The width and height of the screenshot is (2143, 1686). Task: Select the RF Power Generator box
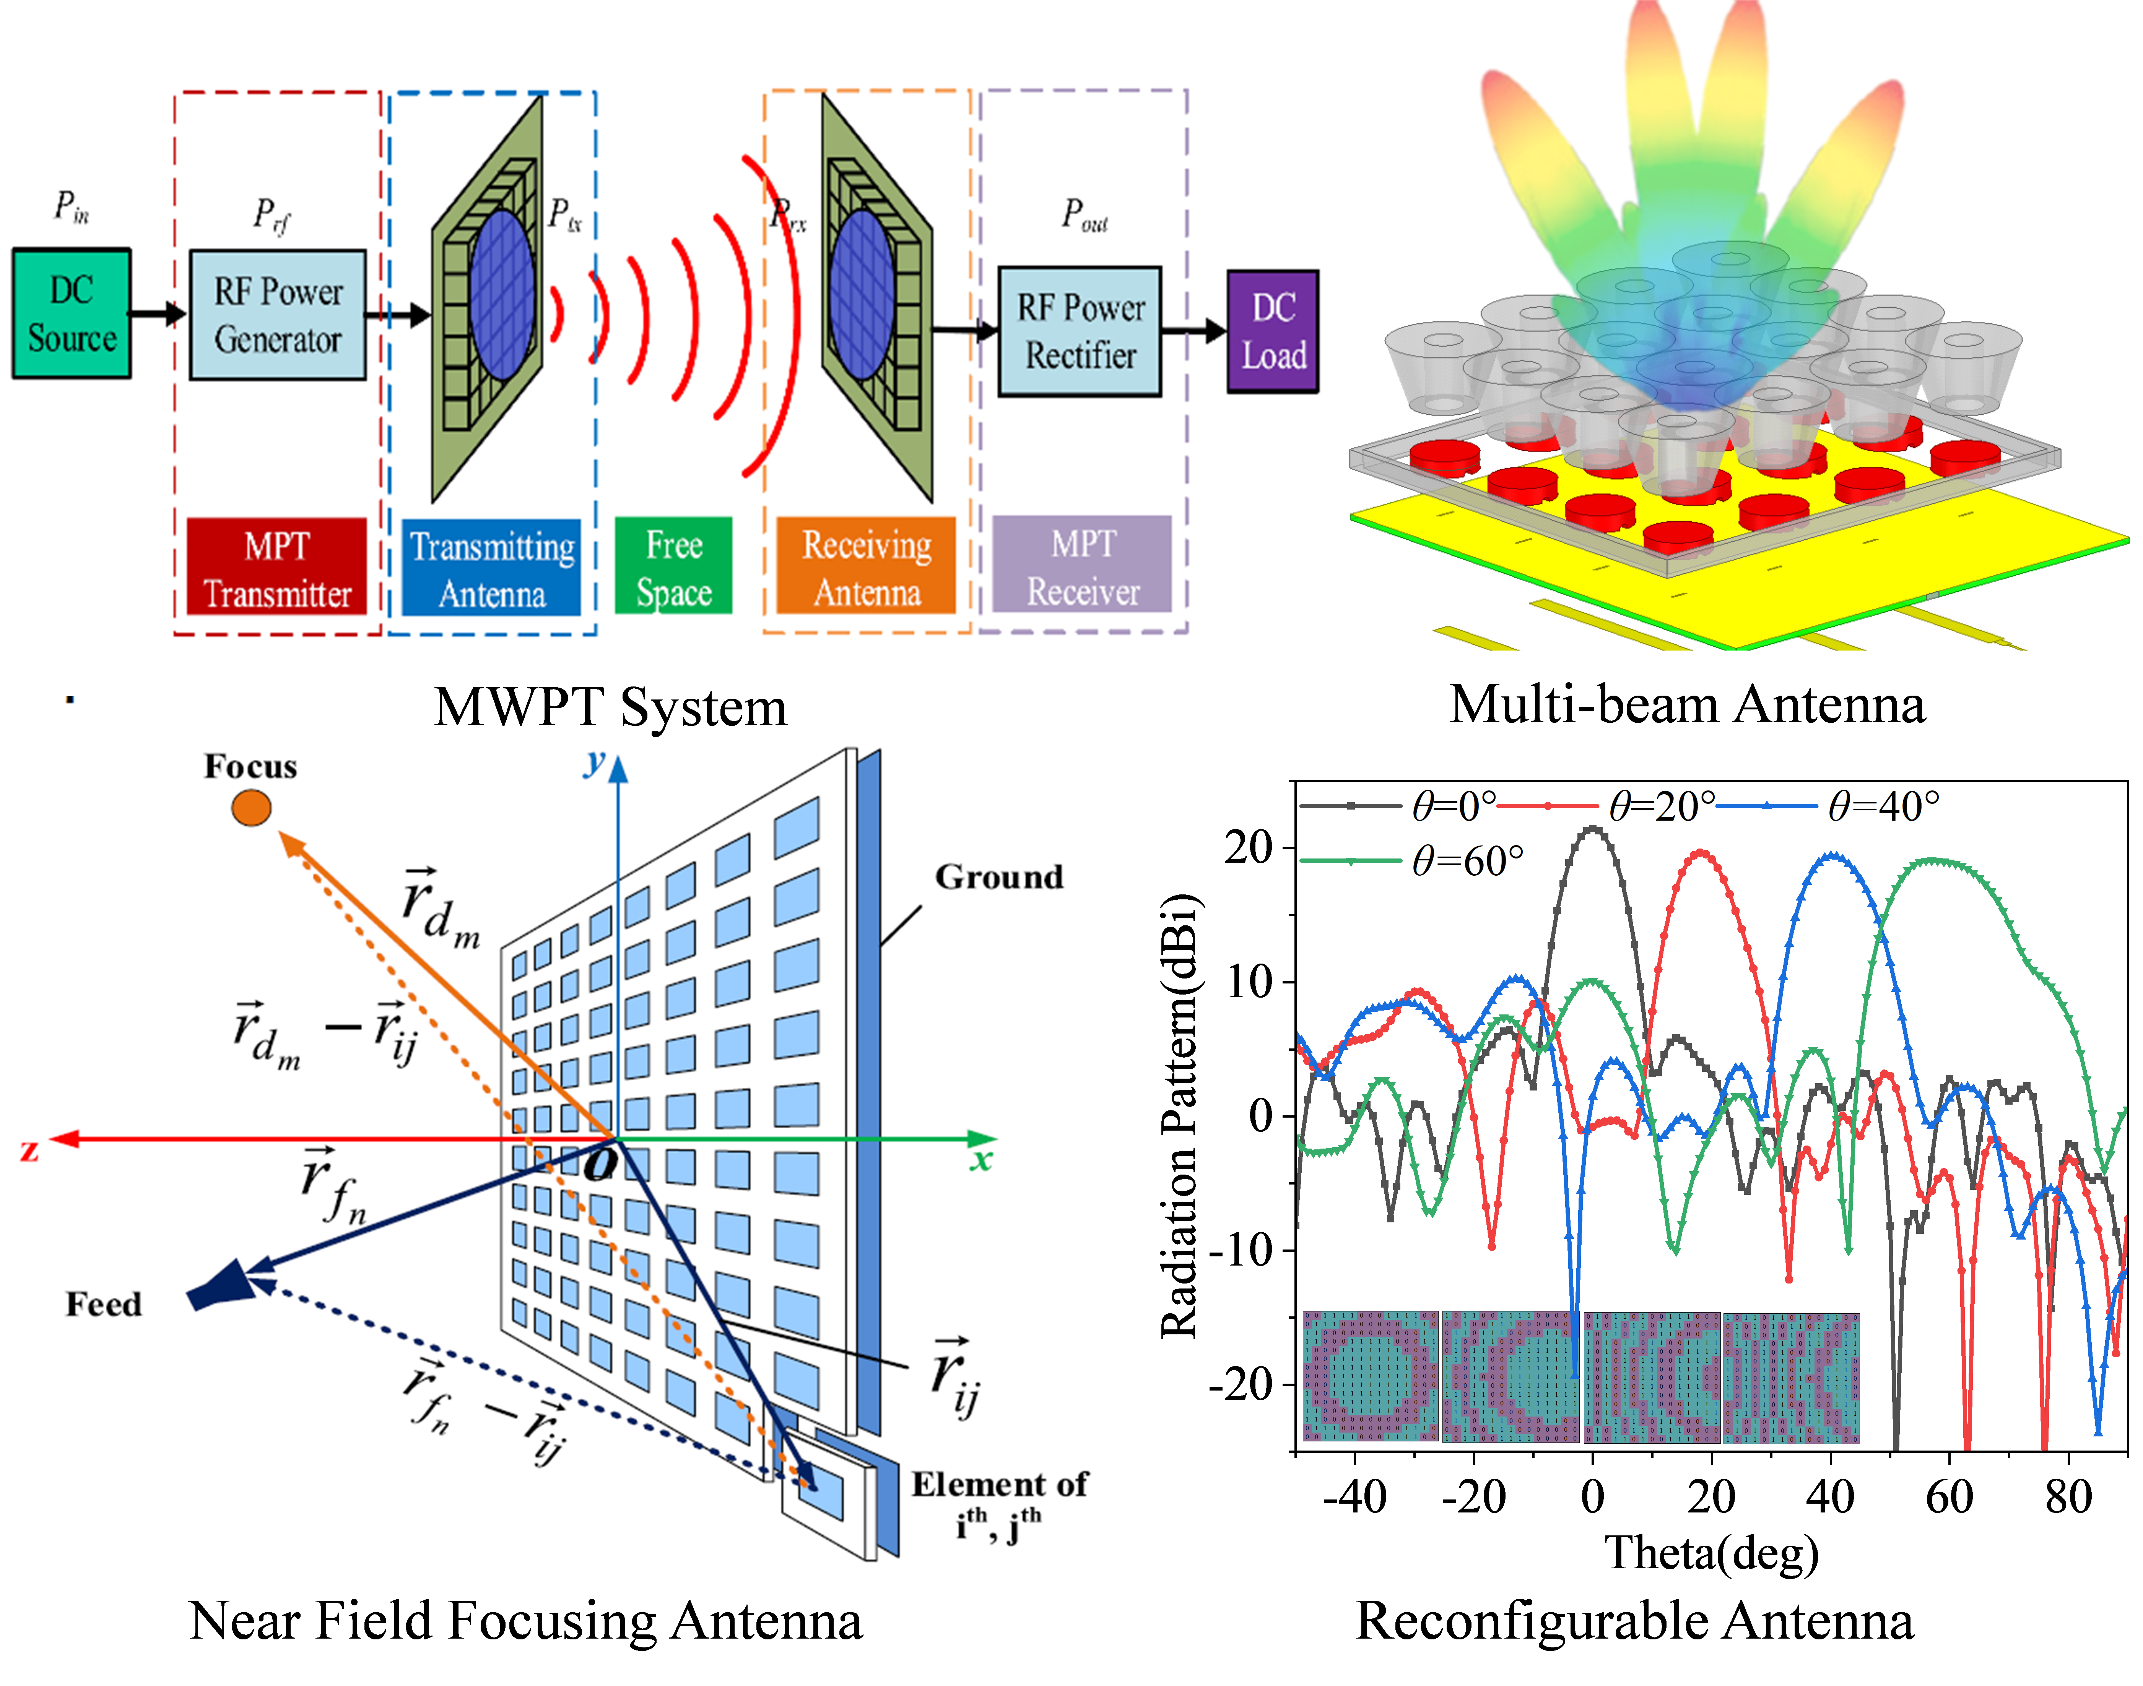pyautogui.click(x=278, y=315)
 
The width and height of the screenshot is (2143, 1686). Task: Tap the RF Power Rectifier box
pyautogui.click(x=1080, y=332)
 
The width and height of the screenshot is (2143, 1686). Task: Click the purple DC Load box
pyautogui.click(x=1273, y=332)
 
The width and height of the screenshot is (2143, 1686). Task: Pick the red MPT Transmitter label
pyautogui.click(x=276, y=566)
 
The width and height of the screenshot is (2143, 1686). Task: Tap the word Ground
pyautogui.click(x=999, y=876)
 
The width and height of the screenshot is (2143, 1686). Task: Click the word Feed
pyautogui.click(x=104, y=1304)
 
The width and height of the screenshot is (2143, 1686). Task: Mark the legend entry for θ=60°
pyautogui.click(x=1412, y=862)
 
